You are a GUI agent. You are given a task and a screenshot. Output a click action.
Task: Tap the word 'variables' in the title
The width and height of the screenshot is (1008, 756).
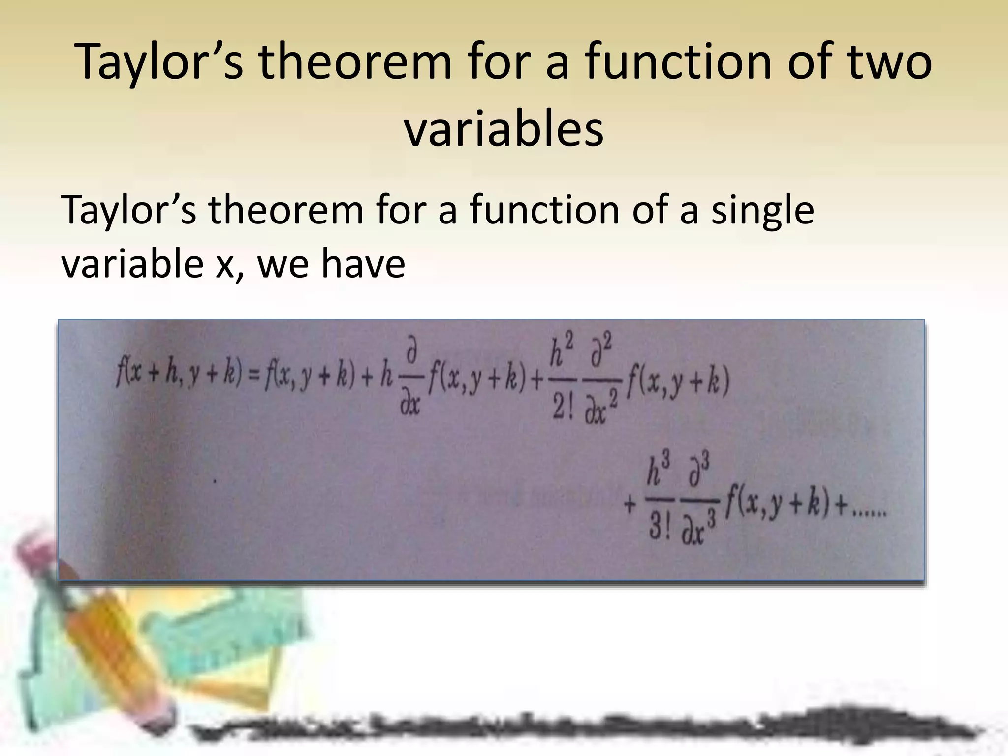(x=504, y=130)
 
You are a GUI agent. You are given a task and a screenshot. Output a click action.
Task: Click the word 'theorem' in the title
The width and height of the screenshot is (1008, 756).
(x=354, y=63)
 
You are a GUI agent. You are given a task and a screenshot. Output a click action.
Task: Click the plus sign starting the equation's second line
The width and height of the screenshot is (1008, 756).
(x=630, y=505)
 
